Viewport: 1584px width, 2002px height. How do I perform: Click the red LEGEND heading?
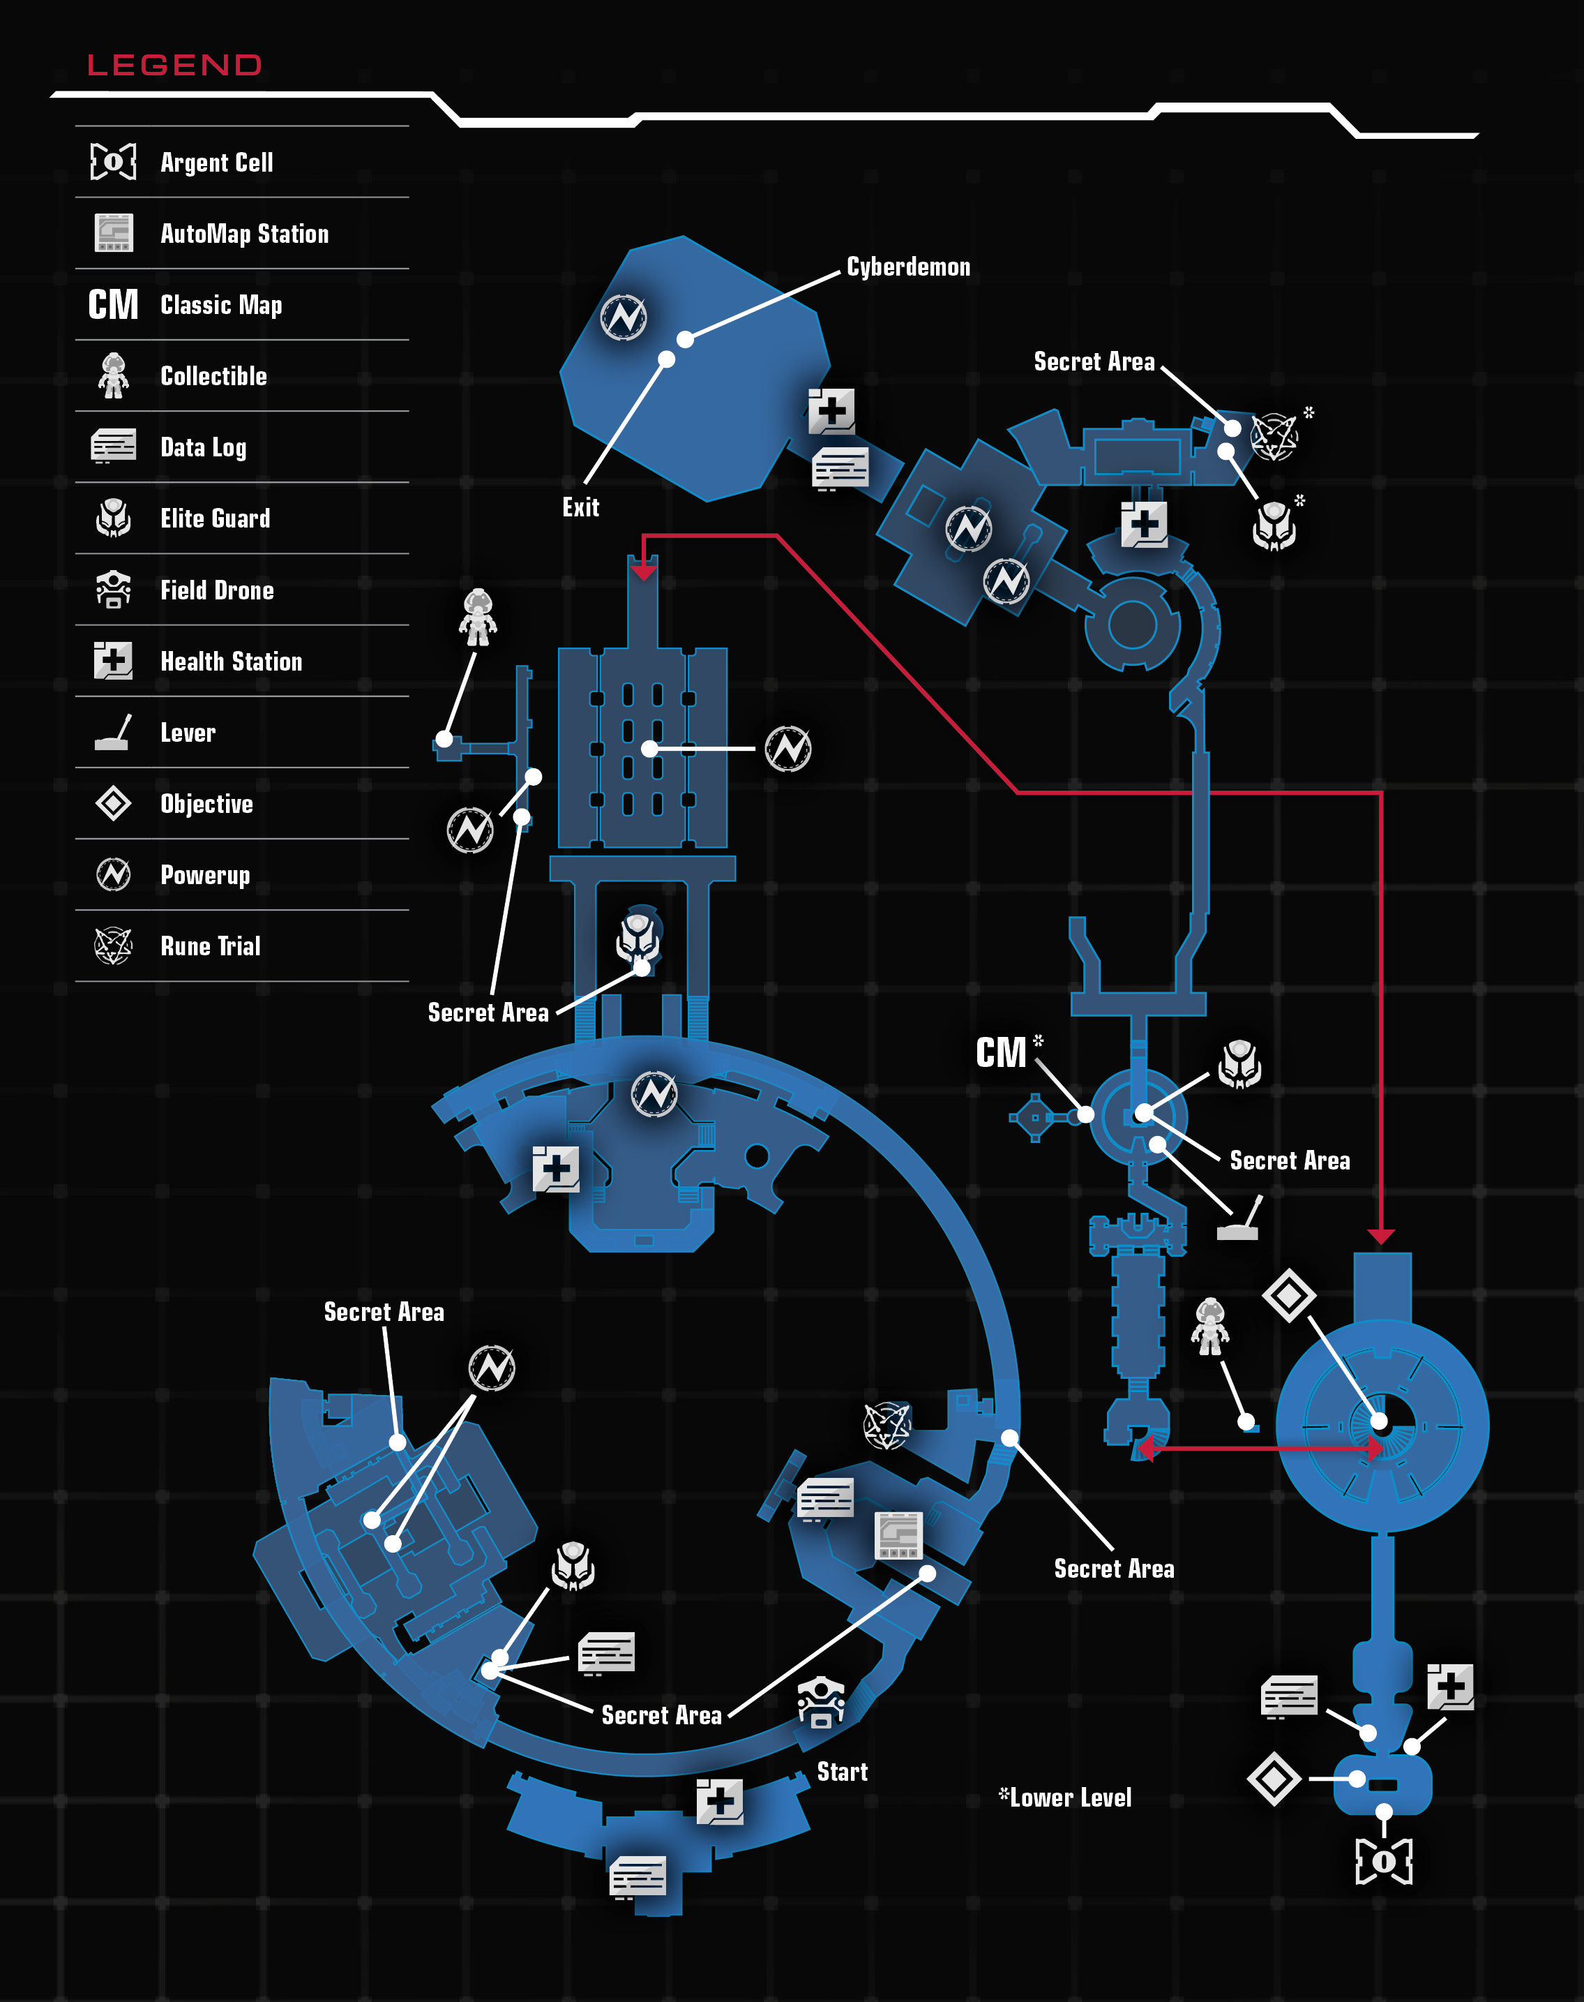pos(174,65)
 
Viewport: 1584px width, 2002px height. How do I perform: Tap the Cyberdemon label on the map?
pos(908,267)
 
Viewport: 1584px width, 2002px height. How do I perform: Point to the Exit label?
pos(580,507)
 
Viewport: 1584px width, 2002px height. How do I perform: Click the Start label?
pos(842,1772)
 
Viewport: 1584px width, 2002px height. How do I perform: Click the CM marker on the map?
pos(1001,1053)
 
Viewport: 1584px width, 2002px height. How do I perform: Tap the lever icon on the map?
pos(1239,1218)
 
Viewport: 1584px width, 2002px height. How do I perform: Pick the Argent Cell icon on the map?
pos(1384,1861)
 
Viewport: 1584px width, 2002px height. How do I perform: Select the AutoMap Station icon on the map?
pos(898,1535)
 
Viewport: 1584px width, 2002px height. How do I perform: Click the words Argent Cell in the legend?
pos(217,163)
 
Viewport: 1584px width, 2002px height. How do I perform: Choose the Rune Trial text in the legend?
pos(211,946)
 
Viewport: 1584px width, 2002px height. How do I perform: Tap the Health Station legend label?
pos(232,662)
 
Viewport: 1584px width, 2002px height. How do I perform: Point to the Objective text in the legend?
pos(207,805)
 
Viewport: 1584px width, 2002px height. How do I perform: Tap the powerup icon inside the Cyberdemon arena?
pos(624,318)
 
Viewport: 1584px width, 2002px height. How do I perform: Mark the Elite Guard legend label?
pos(215,518)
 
